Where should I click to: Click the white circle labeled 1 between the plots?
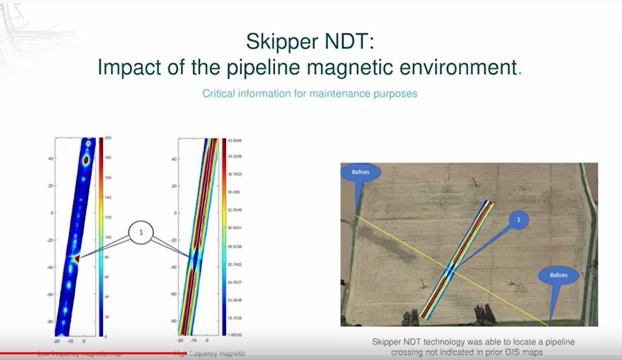(141, 231)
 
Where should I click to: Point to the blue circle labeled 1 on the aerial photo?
(519, 220)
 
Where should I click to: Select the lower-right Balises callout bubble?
(559, 275)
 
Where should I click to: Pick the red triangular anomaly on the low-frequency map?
(75, 259)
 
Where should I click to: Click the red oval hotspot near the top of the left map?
(86, 161)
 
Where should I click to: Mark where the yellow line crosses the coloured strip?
(451, 269)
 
